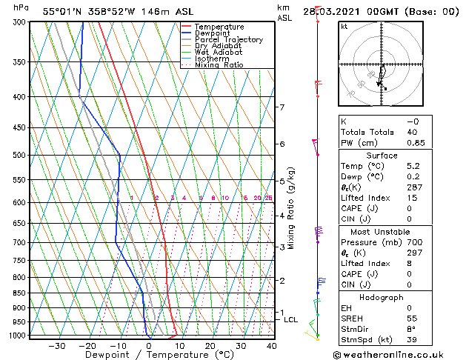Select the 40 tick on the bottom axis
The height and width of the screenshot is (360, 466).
pos(271,346)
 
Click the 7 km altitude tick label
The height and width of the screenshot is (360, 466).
pos(282,107)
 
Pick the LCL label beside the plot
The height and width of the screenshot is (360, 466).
pos(290,320)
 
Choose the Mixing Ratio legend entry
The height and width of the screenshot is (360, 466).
pos(219,65)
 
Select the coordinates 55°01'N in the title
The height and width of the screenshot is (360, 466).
pos(63,11)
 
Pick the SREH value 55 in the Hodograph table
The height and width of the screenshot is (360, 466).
pos(412,319)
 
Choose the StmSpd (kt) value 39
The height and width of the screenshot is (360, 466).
pos(412,340)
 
